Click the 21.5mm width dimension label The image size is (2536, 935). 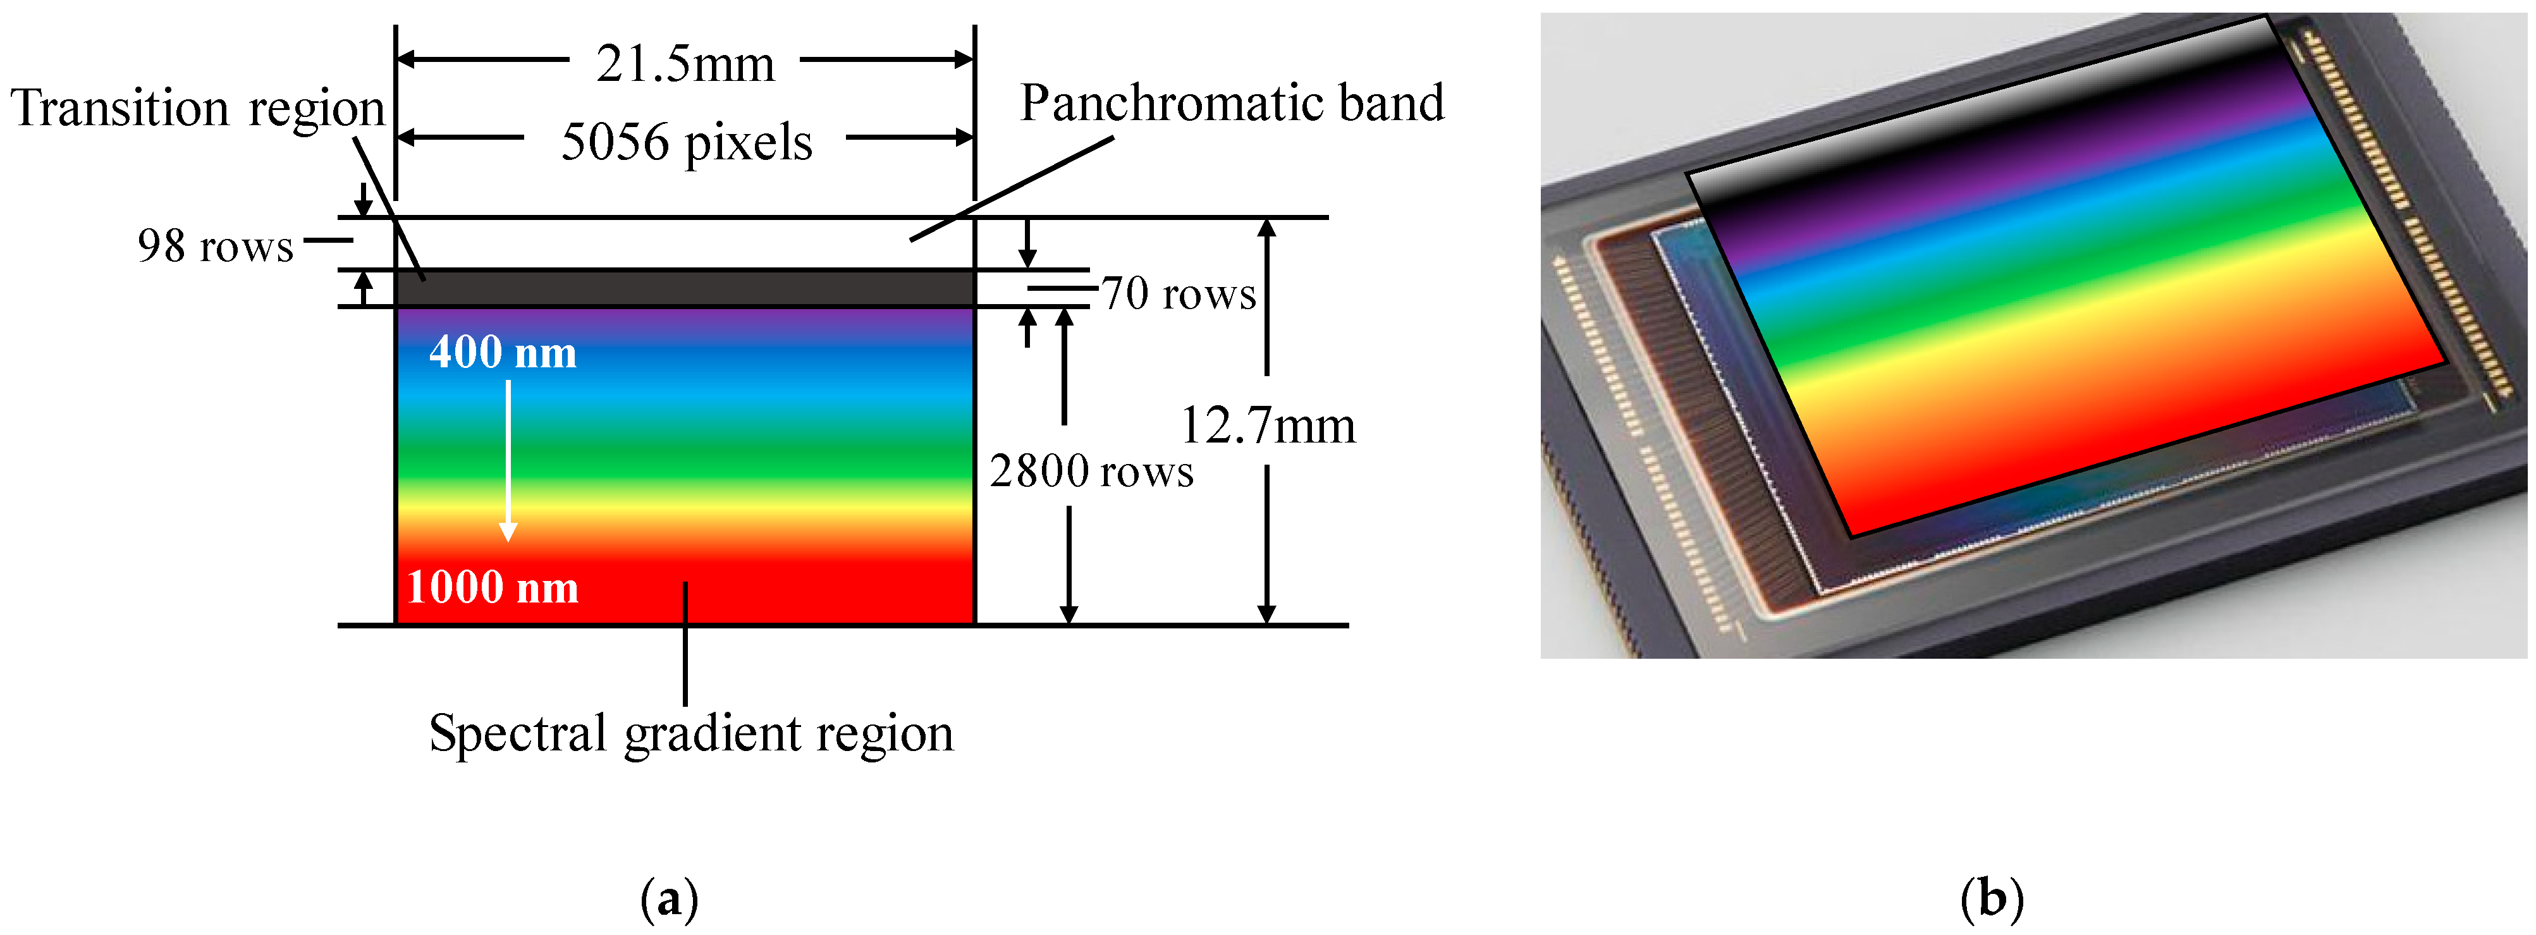pyautogui.click(x=685, y=65)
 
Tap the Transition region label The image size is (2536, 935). pyautogui.click(x=197, y=108)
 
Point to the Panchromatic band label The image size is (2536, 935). pyautogui.click(x=1232, y=103)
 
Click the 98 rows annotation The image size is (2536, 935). pyautogui.click(x=216, y=246)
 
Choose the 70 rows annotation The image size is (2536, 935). pyautogui.click(x=1179, y=293)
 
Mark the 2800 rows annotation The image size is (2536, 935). pyautogui.click(x=1091, y=472)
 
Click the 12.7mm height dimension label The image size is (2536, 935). pyautogui.click(x=1267, y=426)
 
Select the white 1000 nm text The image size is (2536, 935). pyautogui.click(x=493, y=587)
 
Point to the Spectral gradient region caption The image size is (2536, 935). pyautogui.click(x=691, y=734)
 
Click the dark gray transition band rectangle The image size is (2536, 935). pyautogui.click(x=685, y=288)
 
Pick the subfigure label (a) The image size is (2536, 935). pyautogui.click(x=670, y=898)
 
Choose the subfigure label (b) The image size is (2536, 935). pyautogui.click(x=1992, y=898)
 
